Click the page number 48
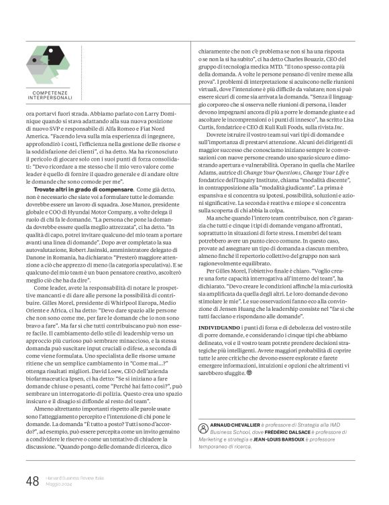32,481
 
